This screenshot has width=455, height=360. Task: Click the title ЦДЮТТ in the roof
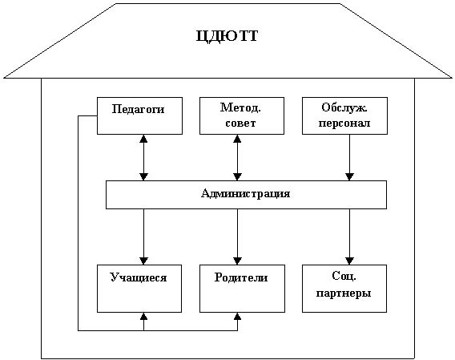point(227,37)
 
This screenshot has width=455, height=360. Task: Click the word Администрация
point(245,193)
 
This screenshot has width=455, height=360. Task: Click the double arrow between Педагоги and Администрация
point(143,157)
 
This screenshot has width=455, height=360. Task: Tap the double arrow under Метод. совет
point(237,157)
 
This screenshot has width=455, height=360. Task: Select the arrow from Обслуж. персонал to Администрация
point(349,157)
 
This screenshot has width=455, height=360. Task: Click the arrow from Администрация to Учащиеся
point(143,237)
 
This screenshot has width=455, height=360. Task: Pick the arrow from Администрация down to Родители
point(237,237)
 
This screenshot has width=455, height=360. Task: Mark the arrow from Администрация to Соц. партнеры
point(349,237)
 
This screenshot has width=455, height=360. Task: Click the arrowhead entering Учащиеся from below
point(143,316)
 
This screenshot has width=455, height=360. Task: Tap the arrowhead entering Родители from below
point(237,316)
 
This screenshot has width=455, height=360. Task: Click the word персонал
point(344,123)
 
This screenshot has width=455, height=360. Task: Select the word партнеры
point(344,293)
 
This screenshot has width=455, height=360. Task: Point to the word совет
point(240,123)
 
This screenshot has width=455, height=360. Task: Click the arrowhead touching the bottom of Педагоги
point(143,138)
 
